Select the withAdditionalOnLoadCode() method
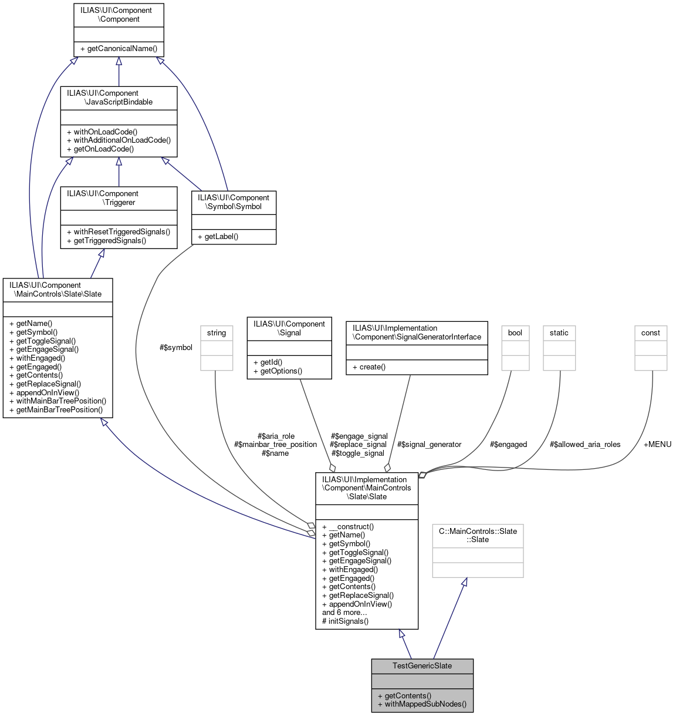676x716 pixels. [119, 140]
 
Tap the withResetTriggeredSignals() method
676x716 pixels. [119, 232]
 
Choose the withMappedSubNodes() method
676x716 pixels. [422, 704]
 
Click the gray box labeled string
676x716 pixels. [217, 333]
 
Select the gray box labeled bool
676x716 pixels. [515, 333]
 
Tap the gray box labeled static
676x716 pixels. [559, 333]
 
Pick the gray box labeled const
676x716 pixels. [650, 333]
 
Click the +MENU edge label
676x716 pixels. [657, 445]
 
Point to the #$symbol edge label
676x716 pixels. [176, 348]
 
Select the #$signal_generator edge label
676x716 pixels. [429, 445]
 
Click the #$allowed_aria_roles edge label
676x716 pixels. [585, 445]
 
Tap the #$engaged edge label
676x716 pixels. [508, 445]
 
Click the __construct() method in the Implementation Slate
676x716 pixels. [348, 527]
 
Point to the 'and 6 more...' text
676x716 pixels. [344, 613]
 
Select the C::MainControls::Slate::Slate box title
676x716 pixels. [478, 536]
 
